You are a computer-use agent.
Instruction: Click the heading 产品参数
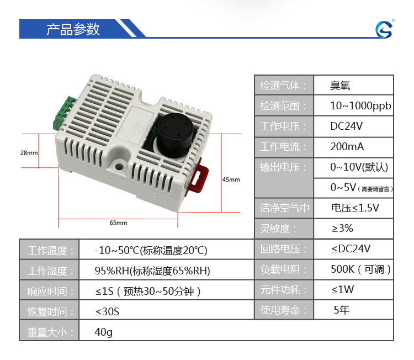coord(73,29)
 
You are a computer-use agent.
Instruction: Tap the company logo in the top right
coord(384,29)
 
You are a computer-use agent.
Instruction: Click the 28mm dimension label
coord(29,152)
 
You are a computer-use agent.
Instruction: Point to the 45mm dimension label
coord(231,179)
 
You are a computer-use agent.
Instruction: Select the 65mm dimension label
coord(118,223)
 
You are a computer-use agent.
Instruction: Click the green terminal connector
coord(63,113)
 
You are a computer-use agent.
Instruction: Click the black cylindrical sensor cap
coord(174,136)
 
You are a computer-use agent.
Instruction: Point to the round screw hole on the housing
coord(119,166)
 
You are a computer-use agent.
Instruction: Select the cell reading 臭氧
coord(340,86)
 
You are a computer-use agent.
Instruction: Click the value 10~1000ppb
coord(360,106)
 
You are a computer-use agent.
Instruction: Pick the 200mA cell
coord(347,146)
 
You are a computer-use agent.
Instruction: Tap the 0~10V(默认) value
coord(359,167)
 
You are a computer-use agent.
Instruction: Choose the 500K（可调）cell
coord(360,269)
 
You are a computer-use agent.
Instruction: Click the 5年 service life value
coord(342,310)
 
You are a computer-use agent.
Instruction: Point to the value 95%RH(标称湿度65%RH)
coord(152,271)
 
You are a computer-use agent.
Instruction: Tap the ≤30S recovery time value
coord(107,311)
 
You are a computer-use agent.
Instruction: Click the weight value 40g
coord(104,332)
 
